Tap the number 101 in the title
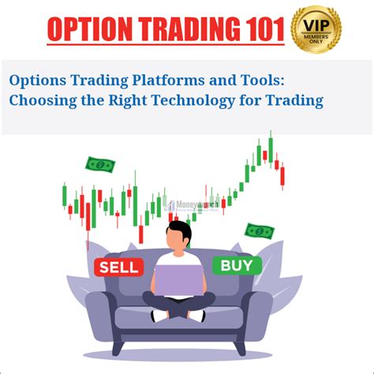(x=259, y=29)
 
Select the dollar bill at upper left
(x=100, y=165)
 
